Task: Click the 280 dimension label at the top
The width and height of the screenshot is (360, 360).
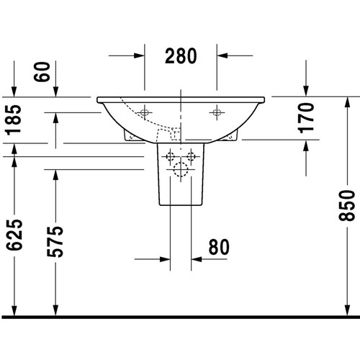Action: point(181,55)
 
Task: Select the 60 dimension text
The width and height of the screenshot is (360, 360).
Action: point(45,73)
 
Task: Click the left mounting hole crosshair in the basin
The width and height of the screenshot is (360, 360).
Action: point(145,112)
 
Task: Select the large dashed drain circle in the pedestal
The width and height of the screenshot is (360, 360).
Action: point(181,170)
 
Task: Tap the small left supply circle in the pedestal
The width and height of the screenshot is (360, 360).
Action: point(171,156)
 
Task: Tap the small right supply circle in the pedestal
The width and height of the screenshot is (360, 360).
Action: point(192,156)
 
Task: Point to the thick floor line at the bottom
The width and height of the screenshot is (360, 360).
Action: point(180,316)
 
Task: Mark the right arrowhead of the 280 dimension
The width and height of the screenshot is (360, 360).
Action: point(224,55)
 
